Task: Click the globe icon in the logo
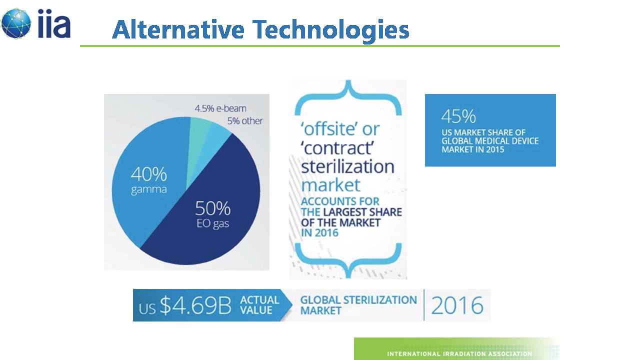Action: pyautogui.click(x=15, y=23)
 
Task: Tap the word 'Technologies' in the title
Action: pyautogui.click(x=331, y=31)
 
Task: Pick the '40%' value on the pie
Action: pyautogui.click(x=148, y=174)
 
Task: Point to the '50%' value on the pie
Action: pyautogui.click(x=213, y=208)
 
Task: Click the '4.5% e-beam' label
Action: pyautogui.click(x=220, y=108)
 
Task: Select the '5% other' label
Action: pyautogui.click(x=245, y=121)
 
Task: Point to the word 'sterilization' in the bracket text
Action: pyautogui.click(x=347, y=166)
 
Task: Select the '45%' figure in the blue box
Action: pyautogui.click(x=458, y=116)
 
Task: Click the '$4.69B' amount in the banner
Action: pyautogui.click(x=195, y=305)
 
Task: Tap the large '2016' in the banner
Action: pyautogui.click(x=457, y=305)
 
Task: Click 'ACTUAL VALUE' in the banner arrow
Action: pyautogui.click(x=259, y=305)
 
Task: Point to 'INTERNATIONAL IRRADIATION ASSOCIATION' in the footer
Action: pyautogui.click(x=459, y=353)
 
